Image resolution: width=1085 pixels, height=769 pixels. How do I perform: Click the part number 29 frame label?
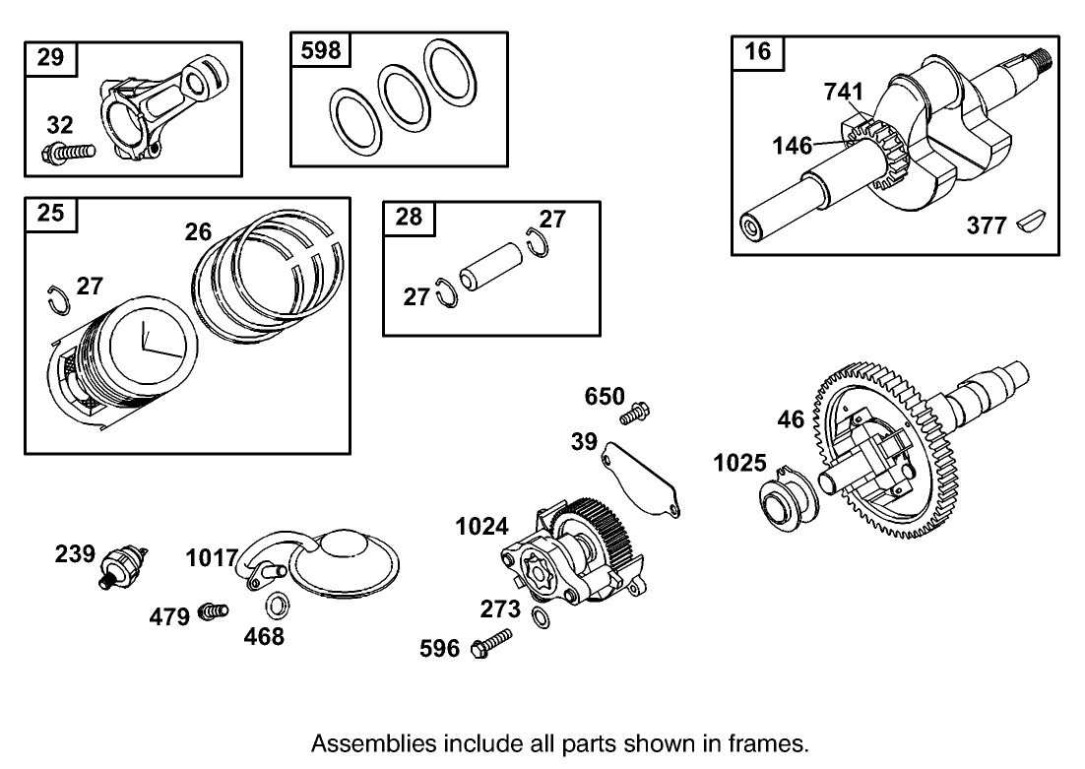pyautogui.click(x=49, y=57)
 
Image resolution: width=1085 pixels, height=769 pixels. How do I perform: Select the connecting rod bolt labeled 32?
pyautogui.click(x=68, y=153)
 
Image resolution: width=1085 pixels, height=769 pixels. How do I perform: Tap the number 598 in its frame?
pyautogui.click(x=321, y=48)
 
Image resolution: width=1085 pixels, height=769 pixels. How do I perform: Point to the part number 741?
pyautogui.click(x=843, y=93)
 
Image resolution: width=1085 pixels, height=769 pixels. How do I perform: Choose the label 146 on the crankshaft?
pyautogui.click(x=792, y=146)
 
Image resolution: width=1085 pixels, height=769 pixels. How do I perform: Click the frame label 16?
pyautogui.click(x=758, y=52)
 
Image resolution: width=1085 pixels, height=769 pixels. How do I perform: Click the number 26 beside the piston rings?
pyautogui.click(x=198, y=232)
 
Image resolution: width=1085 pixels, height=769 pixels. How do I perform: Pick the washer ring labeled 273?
pyautogui.click(x=541, y=618)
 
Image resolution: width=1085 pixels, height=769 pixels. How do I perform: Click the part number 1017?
pyautogui.click(x=212, y=558)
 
